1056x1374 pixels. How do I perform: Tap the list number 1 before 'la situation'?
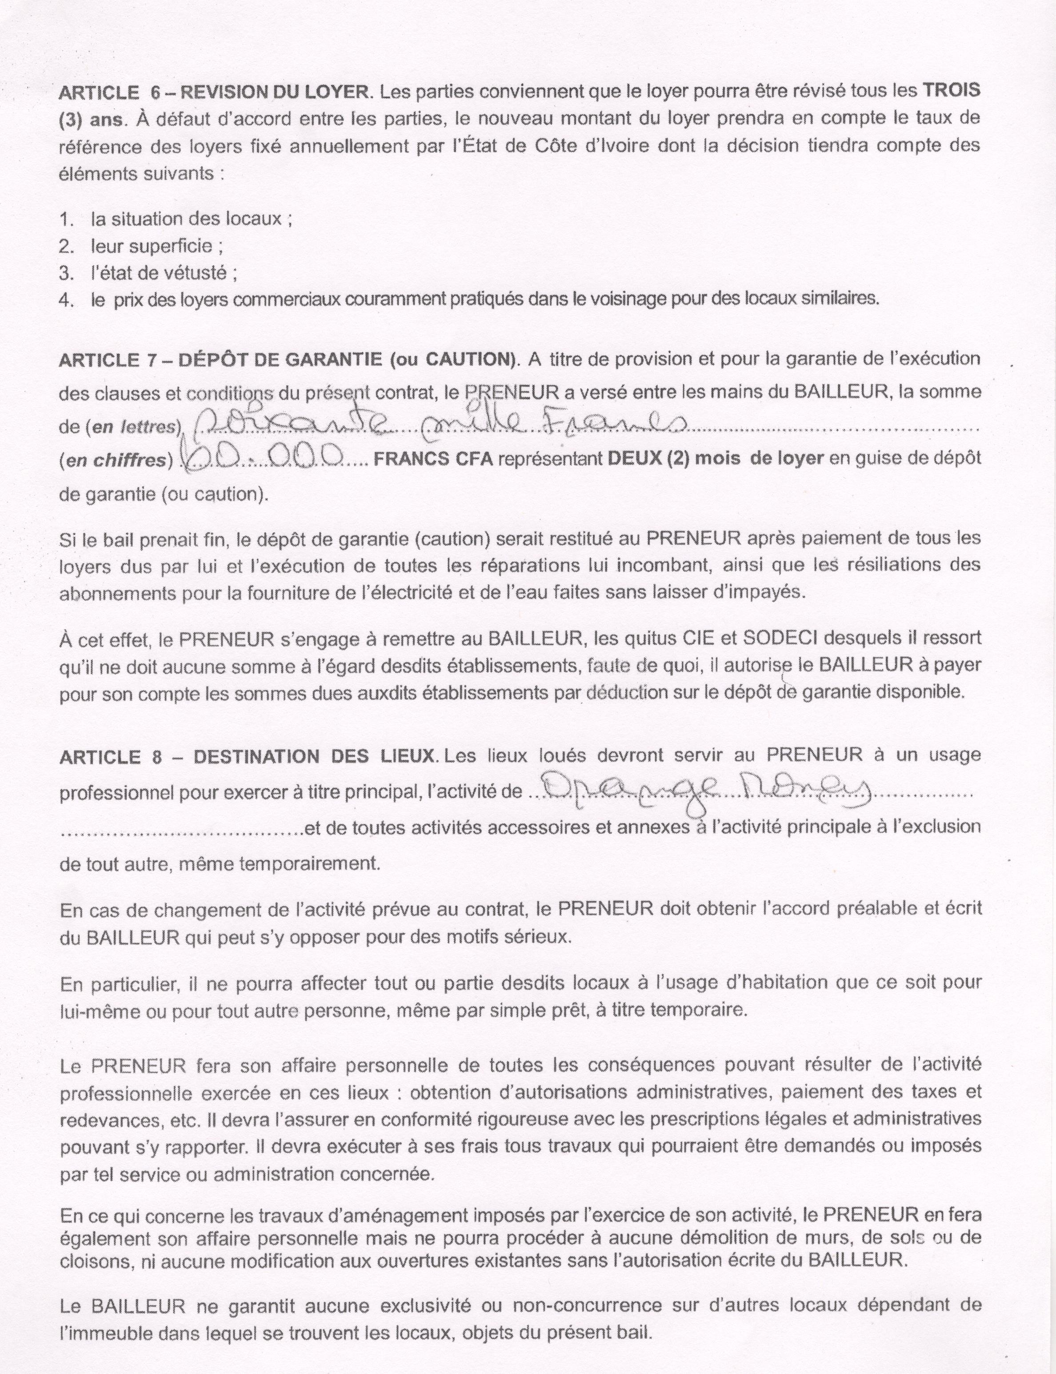[66, 220]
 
